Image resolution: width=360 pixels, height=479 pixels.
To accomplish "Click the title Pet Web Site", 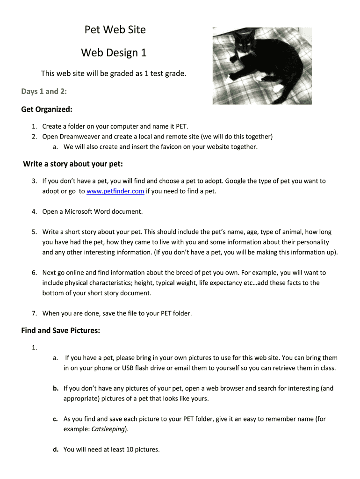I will (115, 30).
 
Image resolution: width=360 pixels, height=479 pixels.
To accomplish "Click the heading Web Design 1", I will (114, 53).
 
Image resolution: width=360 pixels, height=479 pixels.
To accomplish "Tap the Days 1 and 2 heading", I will (44, 91).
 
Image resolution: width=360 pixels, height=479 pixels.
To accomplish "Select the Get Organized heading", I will (47, 109).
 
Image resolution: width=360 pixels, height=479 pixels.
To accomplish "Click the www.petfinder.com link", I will (115, 191).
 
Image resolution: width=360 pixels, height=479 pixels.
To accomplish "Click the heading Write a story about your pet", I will (72, 164).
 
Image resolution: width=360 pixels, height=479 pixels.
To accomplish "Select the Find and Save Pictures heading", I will (61, 331).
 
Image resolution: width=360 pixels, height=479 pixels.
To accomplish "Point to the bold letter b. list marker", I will (55, 388).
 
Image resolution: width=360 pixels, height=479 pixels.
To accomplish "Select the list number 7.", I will (34, 313).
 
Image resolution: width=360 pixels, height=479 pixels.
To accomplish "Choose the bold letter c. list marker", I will (55, 419).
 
